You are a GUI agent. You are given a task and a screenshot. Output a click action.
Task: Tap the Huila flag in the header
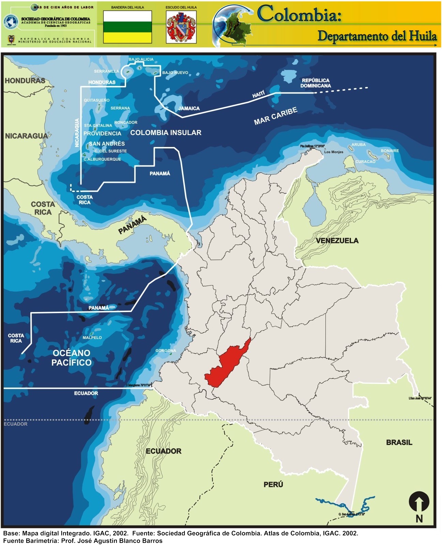[127, 27]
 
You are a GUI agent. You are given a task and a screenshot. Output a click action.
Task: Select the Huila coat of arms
[181, 27]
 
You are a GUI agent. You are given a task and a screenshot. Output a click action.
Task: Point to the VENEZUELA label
[337, 241]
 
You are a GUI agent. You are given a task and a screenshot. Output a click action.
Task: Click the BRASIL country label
[399, 443]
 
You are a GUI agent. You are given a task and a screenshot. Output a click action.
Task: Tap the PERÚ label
[273, 485]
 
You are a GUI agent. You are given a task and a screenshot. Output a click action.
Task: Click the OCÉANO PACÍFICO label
[71, 358]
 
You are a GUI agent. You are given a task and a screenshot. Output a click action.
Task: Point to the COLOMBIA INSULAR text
[166, 133]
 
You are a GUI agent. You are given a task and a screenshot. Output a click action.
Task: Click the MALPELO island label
[92, 338]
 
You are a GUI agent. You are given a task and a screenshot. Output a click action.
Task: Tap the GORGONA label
[166, 351]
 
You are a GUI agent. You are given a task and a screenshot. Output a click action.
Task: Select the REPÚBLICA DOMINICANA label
[315, 83]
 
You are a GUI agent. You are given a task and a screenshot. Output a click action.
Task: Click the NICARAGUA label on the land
[26, 136]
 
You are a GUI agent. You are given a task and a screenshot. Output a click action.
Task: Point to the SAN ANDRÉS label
[107, 144]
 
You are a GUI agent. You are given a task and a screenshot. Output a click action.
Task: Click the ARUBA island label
[358, 145]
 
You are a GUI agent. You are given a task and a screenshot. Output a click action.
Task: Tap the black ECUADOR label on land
[164, 451]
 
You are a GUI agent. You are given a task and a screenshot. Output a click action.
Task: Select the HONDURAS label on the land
[25, 81]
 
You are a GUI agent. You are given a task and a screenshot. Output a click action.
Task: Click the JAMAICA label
[189, 108]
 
